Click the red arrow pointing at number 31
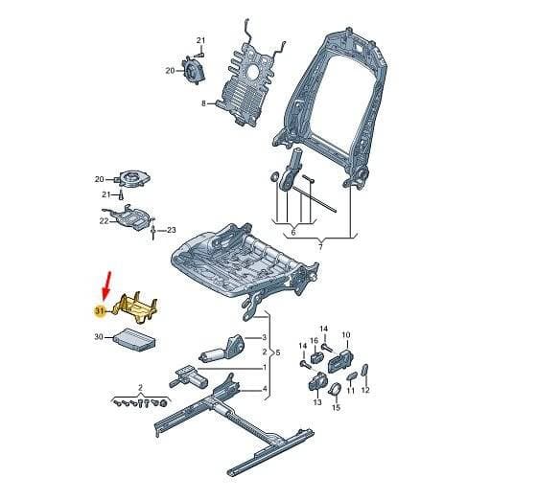[106, 285]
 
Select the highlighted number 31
[100, 311]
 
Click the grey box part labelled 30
[135, 340]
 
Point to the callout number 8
[203, 102]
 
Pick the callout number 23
[172, 230]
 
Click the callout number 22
[104, 221]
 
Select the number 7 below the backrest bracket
[320, 246]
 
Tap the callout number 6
[293, 233]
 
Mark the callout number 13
[317, 402]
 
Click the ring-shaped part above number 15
[335, 389]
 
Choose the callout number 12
[365, 390]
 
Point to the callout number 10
[346, 335]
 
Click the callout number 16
[315, 341]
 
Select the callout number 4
[265, 389]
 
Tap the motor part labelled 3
[222, 349]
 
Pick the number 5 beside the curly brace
[278, 352]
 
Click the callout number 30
[99, 337]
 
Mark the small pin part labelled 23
[153, 232]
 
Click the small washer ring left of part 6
[274, 177]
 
